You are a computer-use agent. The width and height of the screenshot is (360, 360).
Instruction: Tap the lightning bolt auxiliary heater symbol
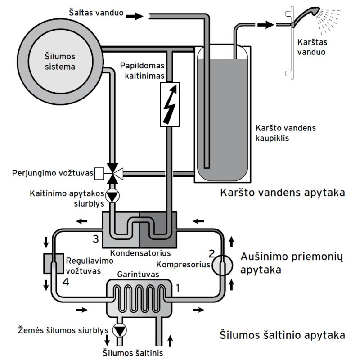(x=169, y=104)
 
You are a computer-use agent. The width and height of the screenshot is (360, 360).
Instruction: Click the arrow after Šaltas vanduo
(x=134, y=16)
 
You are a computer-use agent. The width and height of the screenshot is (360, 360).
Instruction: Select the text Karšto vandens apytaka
(x=283, y=194)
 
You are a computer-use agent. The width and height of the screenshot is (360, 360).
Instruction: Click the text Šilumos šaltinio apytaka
(x=283, y=335)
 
